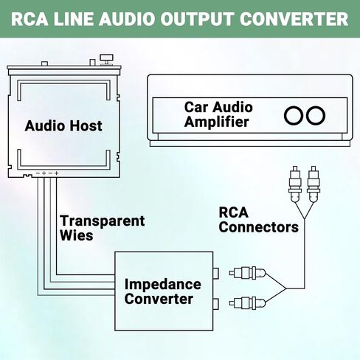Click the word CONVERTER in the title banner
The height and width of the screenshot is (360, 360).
[x=294, y=19]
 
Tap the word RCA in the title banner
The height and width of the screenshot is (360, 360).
[x=30, y=19]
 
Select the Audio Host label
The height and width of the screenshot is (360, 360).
[x=63, y=126]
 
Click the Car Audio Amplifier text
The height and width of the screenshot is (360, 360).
[x=218, y=114]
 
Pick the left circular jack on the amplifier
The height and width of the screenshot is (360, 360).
[x=294, y=116]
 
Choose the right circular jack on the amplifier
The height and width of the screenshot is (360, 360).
[x=316, y=116]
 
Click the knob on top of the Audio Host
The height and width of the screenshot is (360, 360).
[x=106, y=60]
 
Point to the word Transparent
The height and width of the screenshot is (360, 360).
[x=102, y=221]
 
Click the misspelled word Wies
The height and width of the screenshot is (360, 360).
[x=77, y=235]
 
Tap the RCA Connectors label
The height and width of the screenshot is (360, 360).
[x=258, y=220]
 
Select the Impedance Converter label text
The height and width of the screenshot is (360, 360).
[x=162, y=291]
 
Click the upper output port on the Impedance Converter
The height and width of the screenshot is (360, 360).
[x=216, y=273]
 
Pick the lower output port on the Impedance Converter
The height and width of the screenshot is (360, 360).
[x=216, y=304]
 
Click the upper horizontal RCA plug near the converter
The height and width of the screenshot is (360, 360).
[x=247, y=273]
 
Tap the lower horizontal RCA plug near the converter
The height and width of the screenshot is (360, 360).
[x=247, y=303]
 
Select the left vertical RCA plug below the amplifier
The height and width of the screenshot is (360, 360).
[x=295, y=184]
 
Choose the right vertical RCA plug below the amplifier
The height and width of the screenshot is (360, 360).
[x=314, y=184]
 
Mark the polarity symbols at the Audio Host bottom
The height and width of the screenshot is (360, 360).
[x=47, y=173]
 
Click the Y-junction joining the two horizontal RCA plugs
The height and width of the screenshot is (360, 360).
[x=286, y=288]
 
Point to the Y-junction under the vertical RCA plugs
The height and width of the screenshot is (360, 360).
[x=305, y=218]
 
